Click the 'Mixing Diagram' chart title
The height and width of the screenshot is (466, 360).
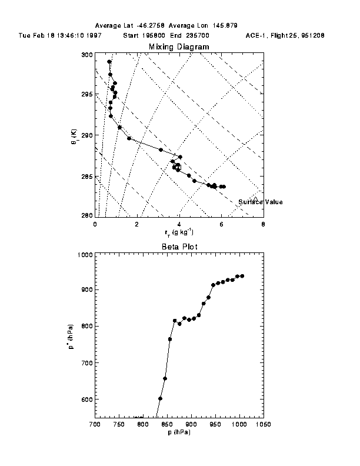pyautogui.click(x=178, y=46)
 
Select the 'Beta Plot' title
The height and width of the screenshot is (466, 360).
pyautogui.click(x=178, y=247)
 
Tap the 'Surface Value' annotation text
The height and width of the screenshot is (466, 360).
pyautogui.click(x=260, y=202)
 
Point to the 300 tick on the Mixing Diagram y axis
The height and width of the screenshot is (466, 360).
pyautogui.click(x=87, y=55)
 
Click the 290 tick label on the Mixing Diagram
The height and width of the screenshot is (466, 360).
pyautogui.click(x=87, y=135)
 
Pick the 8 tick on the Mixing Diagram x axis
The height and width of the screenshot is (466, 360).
pyautogui.click(x=263, y=224)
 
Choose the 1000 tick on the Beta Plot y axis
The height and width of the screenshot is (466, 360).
pyautogui.click(x=85, y=255)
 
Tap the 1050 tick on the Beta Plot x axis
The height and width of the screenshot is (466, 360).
pyautogui.click(x=263, y=424)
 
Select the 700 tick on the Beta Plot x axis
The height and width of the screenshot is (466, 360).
pyautogui.click(x=95, y=424)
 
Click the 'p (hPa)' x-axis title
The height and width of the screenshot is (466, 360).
pyautogui.click(x=178, y=432)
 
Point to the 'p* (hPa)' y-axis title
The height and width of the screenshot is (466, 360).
pyautogui.click(x=70, y=335)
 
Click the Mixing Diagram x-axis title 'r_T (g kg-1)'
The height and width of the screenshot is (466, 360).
pyautogui.click(x=178, y=232)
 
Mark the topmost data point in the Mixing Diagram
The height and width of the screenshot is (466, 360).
pyautogui.click(x=109, y=62)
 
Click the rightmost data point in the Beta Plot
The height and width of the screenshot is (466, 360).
pyautogui.click(x=242, y=276)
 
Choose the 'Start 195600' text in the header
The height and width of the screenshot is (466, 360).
pyautogui.click(x=145, y=35)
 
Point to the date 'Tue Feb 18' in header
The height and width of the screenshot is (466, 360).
pyautogui.click(x=34, y=35)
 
